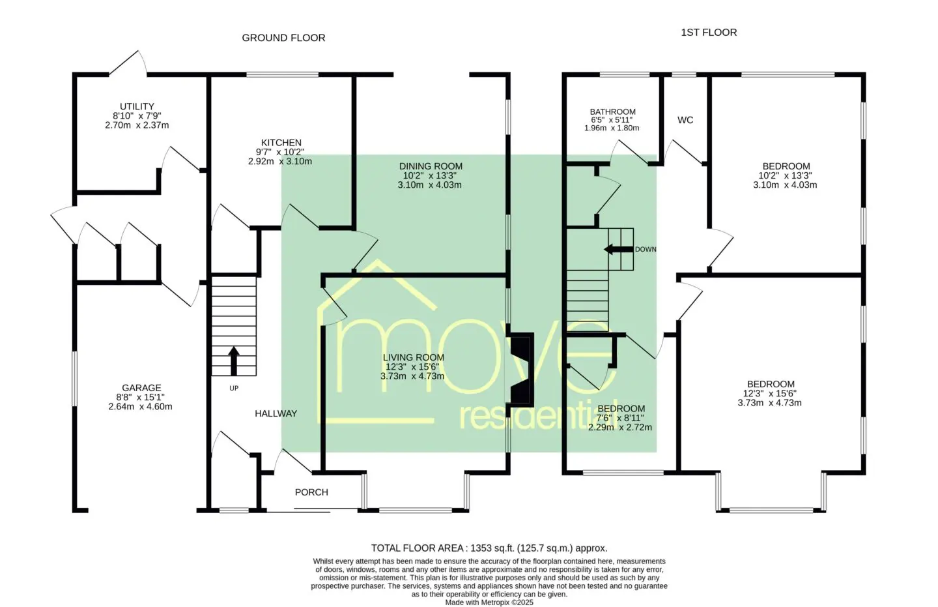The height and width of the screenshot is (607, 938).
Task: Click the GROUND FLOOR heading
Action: [283, 38]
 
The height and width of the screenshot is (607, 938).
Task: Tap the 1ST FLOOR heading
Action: [709, 33]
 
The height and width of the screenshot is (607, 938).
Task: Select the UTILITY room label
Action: [137, 106]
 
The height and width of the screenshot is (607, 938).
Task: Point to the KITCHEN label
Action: [281, 143]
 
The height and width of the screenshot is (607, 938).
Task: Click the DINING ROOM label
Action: [431, 166]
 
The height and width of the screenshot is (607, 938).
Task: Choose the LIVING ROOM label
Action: [413, 357]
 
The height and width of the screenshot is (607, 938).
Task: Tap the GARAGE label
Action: [141, 388]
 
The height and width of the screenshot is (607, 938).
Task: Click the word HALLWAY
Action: [276, 413]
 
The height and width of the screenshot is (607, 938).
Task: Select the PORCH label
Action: [311, 492]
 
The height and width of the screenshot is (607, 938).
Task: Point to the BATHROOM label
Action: [612, 111]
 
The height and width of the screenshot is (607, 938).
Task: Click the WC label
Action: [685, 121]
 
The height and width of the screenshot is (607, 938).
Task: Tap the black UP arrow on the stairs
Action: [234, 361]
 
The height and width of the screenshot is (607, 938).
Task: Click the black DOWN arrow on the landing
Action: [619, 249]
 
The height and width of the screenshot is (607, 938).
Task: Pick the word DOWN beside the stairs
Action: [646, 250]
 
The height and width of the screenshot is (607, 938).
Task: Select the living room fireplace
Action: [520, 370]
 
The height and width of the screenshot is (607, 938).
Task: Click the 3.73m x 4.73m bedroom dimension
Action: [770, 403]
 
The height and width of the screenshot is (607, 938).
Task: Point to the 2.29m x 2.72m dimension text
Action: [620, 428]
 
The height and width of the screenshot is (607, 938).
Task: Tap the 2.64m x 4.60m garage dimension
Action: [140, 407]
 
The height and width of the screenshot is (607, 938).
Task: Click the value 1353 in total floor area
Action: [480, 548]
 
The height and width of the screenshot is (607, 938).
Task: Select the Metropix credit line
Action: [489, 602]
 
